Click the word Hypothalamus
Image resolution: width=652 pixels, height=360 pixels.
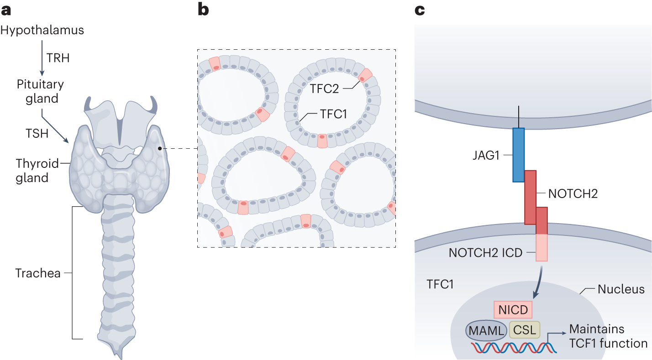tap(42, 31)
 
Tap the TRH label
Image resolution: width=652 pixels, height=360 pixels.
tap(58, 58)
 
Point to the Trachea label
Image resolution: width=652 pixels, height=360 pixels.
tap(38, 274)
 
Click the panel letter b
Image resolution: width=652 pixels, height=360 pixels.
tap(203, 10)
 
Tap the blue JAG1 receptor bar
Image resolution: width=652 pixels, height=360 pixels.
tap(518, 155)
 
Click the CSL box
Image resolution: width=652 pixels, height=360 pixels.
tap(524, 329)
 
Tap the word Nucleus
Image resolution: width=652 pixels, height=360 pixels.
tap(621, 289)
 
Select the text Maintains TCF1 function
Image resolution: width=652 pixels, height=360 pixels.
tap(608, 336)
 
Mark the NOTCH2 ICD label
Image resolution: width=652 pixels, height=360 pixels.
tap(485, 252)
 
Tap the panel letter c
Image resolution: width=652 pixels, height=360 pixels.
tap(420, 10)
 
